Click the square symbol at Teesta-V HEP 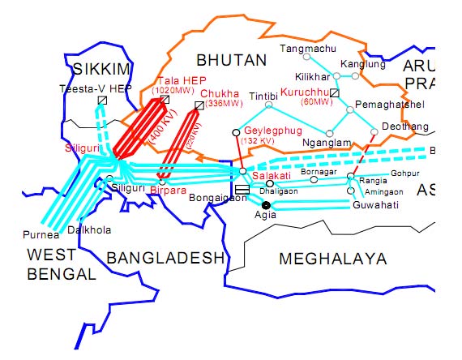tap(102, 101)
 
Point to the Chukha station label tap(219, 94)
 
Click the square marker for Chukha tap(199, 105)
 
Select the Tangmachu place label tap(306, 49)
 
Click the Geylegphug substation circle tap(236, 131)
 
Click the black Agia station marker tap(266, 205)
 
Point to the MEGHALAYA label tap(332, 258)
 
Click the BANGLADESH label tap(165, 258)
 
